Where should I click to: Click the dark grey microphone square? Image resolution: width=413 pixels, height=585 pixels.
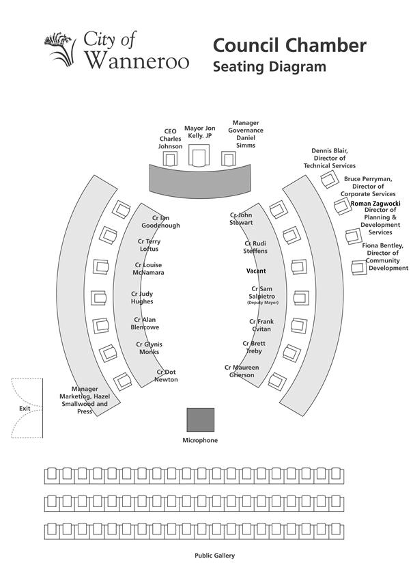(x=201, y=420)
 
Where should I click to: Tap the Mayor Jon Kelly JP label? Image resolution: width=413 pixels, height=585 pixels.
(x=200, y=132)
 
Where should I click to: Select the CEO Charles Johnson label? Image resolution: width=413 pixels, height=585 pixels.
(x=171, y=139)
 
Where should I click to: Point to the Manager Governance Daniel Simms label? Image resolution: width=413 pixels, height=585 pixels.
(x=246, y=134)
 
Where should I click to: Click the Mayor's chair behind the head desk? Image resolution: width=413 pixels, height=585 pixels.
(x=199, y=155)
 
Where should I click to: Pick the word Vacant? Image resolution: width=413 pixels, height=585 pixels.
(x=256, y=271)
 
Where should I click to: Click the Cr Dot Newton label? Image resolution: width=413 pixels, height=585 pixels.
(x=167, y=376)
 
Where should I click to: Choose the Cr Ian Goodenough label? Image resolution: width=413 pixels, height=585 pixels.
(x=160, y=221)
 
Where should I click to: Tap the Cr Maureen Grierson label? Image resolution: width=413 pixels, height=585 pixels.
(x=242, y=371)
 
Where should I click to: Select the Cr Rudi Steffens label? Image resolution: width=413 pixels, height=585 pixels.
(x=255, y=247)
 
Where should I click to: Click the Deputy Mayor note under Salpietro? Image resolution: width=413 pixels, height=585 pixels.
(x=263, y=303)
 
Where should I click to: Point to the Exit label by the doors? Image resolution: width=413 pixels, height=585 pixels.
(x=25, y=408)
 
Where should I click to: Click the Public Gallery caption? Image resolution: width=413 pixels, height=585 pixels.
(x=215, y=556)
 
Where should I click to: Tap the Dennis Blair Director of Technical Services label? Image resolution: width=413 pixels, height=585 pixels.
(x=330, y=158)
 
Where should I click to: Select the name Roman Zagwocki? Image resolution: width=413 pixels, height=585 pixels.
(x=375, y=204)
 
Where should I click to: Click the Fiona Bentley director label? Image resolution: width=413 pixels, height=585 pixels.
(x=385, y=257)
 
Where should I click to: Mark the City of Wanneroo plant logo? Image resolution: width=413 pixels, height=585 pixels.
(x=59, y=50)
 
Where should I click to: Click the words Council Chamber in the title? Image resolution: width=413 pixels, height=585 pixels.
(x=289, y=45)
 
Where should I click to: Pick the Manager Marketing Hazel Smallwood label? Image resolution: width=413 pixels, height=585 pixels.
(x=85, y=400)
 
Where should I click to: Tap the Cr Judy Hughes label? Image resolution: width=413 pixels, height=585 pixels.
(x=142, y=298)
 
